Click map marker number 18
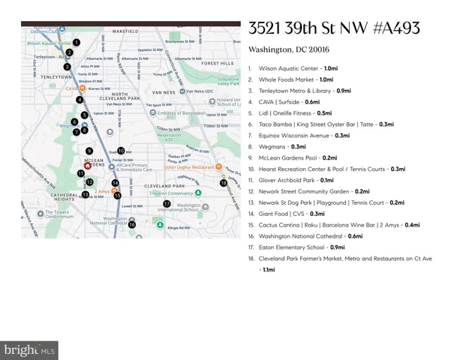pyautogui.click(x=223, y=182)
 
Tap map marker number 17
pyautogui.click(x=167, y=203)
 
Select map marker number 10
pyautogui.click(x=120, y=150)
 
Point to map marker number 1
pyautogui.click(x=76, y=42)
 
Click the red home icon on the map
pyautogui.click(x=88, y=166)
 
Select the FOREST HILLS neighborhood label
pyautogui.click(x=217, y=64)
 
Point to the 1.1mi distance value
pyautogui.click(x=266, y=269)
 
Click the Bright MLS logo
pyautogui.click(x=30, y=349)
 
